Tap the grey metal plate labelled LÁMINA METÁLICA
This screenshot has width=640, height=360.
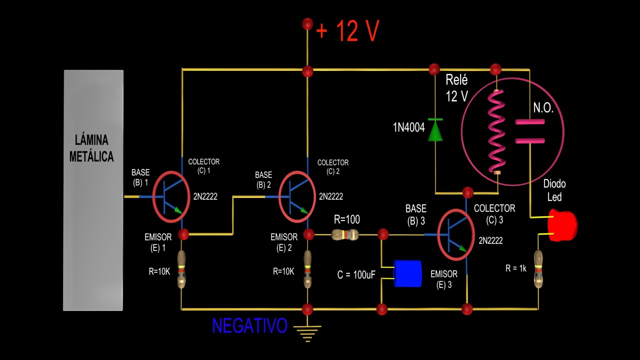point(93,190)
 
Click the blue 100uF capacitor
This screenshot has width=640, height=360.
point(407,273)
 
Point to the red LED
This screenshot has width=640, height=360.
point(562,225)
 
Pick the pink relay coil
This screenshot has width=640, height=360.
point(497,131)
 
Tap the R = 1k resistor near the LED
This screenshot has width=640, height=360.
point(538,269)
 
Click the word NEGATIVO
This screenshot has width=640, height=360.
point(249,326)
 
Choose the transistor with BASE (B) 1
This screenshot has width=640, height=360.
point(171,196)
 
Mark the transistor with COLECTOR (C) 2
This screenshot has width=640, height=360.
point(298,196)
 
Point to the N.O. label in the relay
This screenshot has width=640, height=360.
point(543,108)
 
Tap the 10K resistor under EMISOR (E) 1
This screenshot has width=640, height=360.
point(182,270)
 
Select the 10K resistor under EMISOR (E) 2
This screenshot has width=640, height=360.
point(307,270)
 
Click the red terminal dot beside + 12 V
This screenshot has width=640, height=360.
point(307,23)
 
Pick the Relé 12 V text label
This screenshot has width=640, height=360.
point(456,88)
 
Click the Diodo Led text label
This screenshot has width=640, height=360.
point(554,190)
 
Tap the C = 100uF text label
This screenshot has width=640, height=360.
point(356,274)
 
